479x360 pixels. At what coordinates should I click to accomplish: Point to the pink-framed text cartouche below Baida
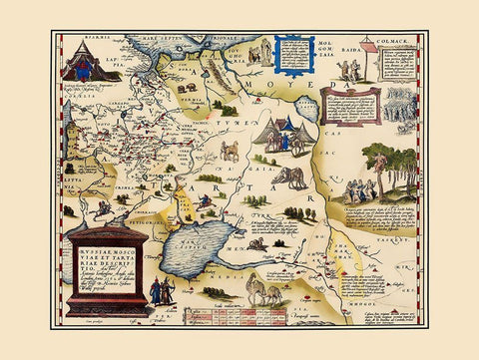(x=350, y=105)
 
